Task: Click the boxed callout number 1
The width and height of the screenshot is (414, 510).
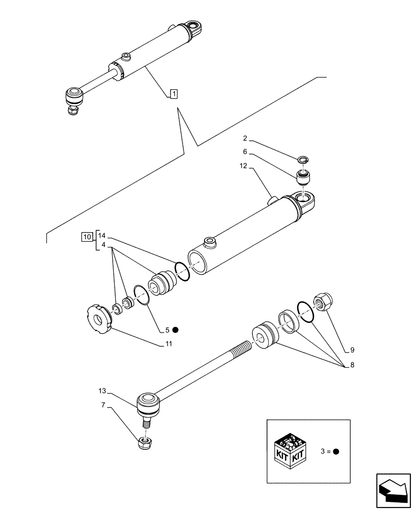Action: coord(173,93)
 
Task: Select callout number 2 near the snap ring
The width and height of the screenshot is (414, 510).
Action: coord(245,138)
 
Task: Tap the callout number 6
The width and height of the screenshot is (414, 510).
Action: coord(245,151)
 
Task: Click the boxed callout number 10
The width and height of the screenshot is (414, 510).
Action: coord(87,236)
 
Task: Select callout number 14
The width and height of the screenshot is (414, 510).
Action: coord(102,236)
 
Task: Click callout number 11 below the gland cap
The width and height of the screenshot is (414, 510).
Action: coord(168,344)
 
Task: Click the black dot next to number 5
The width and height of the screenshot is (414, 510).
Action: coord(175,329)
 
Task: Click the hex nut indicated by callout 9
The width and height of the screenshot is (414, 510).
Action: coord(323,301)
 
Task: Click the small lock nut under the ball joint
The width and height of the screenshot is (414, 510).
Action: coord(145,442)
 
